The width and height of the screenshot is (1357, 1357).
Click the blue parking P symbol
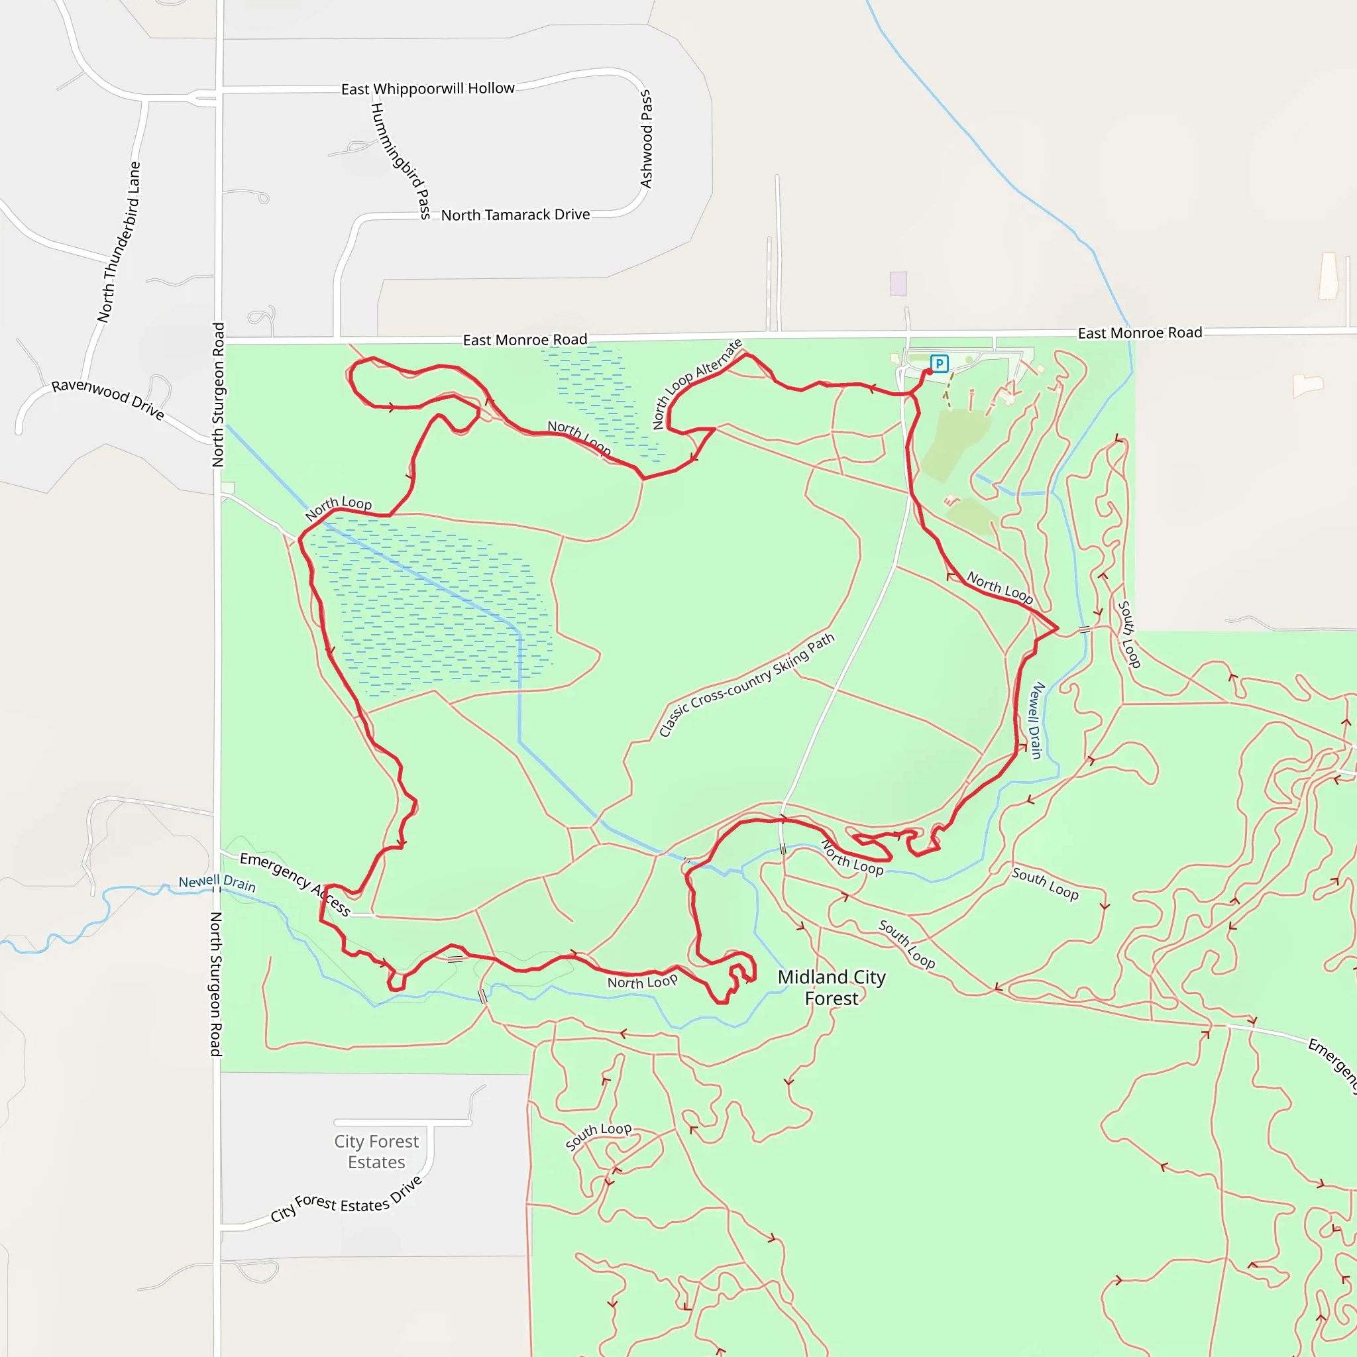939,363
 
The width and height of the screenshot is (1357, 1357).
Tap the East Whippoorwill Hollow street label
428,89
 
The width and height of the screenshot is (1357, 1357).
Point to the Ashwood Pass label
646,139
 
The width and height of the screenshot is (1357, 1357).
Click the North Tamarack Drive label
515,215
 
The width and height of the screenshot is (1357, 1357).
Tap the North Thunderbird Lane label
119,243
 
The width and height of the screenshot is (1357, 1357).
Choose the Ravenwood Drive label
107,399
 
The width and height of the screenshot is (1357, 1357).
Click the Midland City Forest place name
832,987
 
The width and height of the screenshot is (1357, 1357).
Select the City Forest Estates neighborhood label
376,1151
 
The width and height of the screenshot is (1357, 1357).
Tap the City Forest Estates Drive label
347,1202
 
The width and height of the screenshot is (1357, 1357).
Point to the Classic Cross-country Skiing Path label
746,685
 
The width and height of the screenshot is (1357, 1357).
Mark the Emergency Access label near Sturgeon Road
294,883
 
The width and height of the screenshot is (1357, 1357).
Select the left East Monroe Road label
525,340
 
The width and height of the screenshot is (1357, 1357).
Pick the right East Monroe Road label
1139,333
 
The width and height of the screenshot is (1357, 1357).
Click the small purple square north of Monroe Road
898,284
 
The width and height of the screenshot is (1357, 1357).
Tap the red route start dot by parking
929,372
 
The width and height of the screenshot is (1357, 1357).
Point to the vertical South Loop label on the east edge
1128,633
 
